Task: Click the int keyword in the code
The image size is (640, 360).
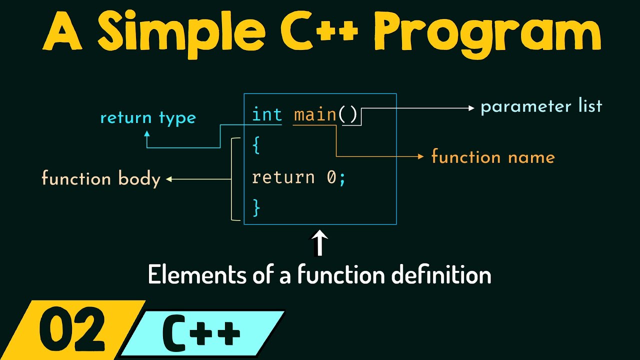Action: pos(267,115)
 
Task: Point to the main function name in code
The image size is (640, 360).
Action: pos(315,115)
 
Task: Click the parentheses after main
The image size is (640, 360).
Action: pos(348,115)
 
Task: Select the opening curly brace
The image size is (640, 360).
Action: pos(256,146)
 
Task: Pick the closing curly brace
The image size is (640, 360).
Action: pos(256,207)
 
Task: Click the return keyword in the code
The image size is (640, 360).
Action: pos(283,177)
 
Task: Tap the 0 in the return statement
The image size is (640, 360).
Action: pos(331,177)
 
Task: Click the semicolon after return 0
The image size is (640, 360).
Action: pos(342,178)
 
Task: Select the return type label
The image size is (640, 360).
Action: pos(148,118)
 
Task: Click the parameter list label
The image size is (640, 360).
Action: pos(541,106)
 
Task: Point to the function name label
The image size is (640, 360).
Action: pos(493,157)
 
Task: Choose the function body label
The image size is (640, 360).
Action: pos(100,179)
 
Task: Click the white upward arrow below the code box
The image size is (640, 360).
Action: pos(319,243)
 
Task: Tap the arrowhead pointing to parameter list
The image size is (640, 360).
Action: pos(470,107)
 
